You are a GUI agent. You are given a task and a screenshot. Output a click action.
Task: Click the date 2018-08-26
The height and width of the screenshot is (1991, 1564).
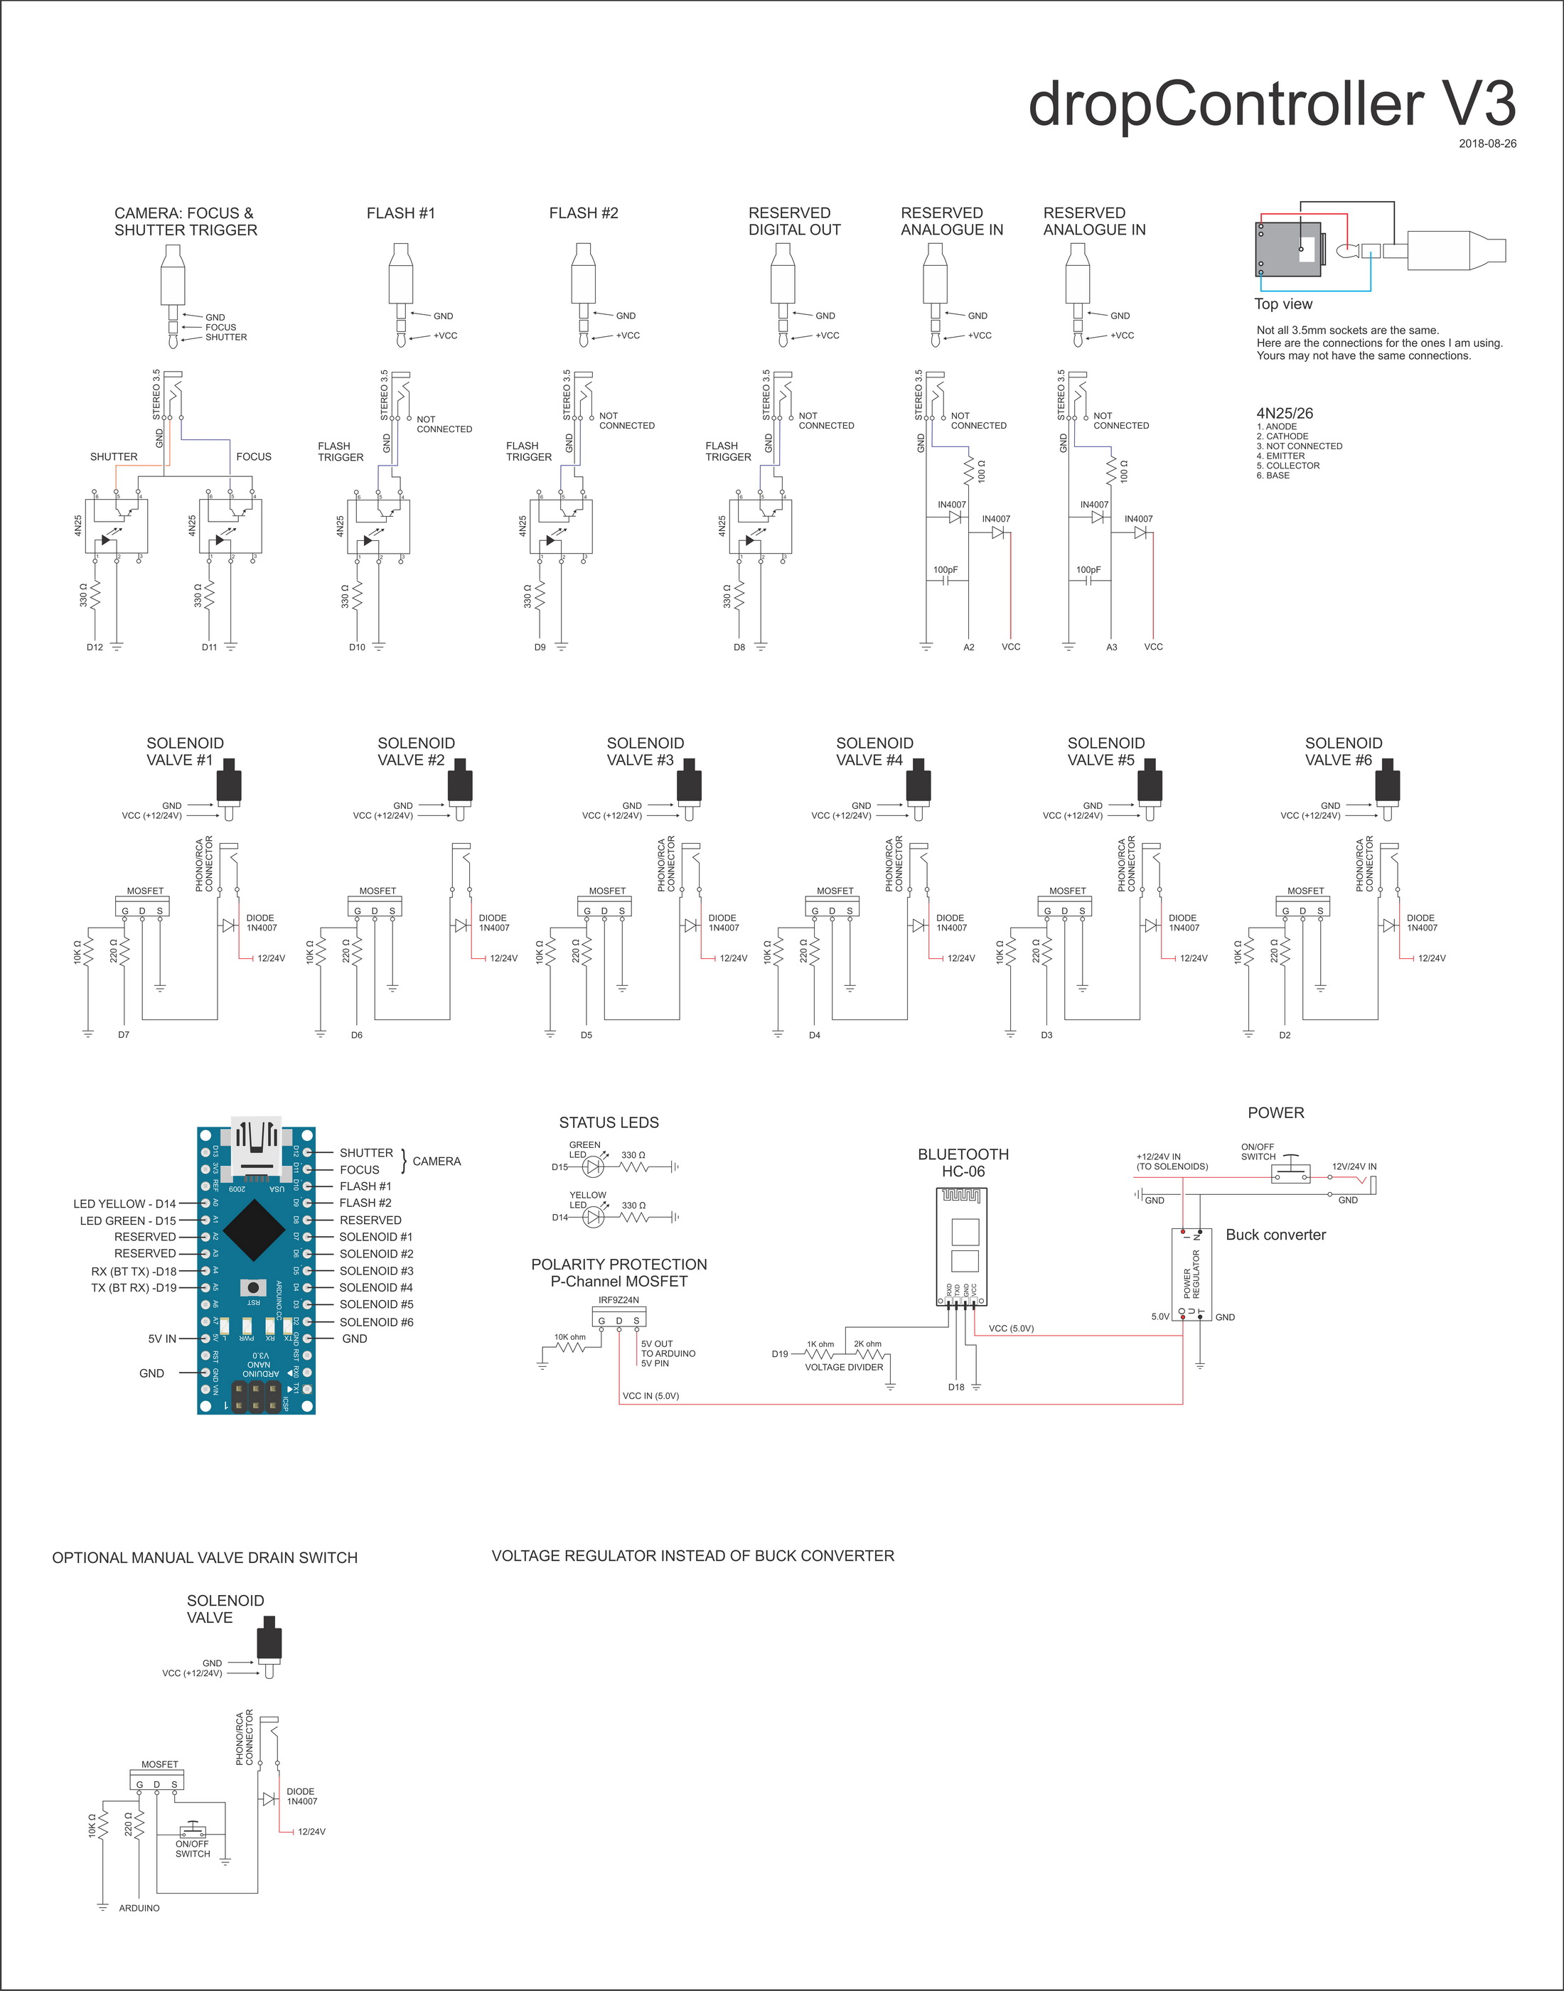(1487, 144)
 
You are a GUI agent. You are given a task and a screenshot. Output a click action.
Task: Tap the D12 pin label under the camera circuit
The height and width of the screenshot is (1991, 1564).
(95, 647)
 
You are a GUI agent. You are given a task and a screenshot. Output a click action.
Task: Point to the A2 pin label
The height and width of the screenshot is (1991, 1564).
(969, 647)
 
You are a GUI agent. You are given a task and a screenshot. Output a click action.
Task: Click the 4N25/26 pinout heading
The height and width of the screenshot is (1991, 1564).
(1284, 413)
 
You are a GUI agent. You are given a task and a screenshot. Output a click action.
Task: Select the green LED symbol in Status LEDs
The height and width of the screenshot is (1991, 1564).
(594, 1167)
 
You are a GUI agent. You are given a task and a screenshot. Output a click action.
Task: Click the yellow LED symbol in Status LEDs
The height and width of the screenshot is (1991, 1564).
(594, 1217)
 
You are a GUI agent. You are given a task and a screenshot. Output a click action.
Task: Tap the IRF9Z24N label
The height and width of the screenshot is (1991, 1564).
(619, 1300)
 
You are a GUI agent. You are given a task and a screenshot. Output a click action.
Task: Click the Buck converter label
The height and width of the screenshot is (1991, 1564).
(1275, 1235)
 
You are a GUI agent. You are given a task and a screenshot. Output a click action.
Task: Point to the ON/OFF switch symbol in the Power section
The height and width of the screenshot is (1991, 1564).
(1291, 1174)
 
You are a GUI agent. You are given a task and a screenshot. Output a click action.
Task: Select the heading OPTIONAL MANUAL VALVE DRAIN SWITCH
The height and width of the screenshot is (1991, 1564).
(205, 1558)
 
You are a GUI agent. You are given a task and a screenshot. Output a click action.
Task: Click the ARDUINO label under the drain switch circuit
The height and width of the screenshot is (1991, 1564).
(139, 1909)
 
